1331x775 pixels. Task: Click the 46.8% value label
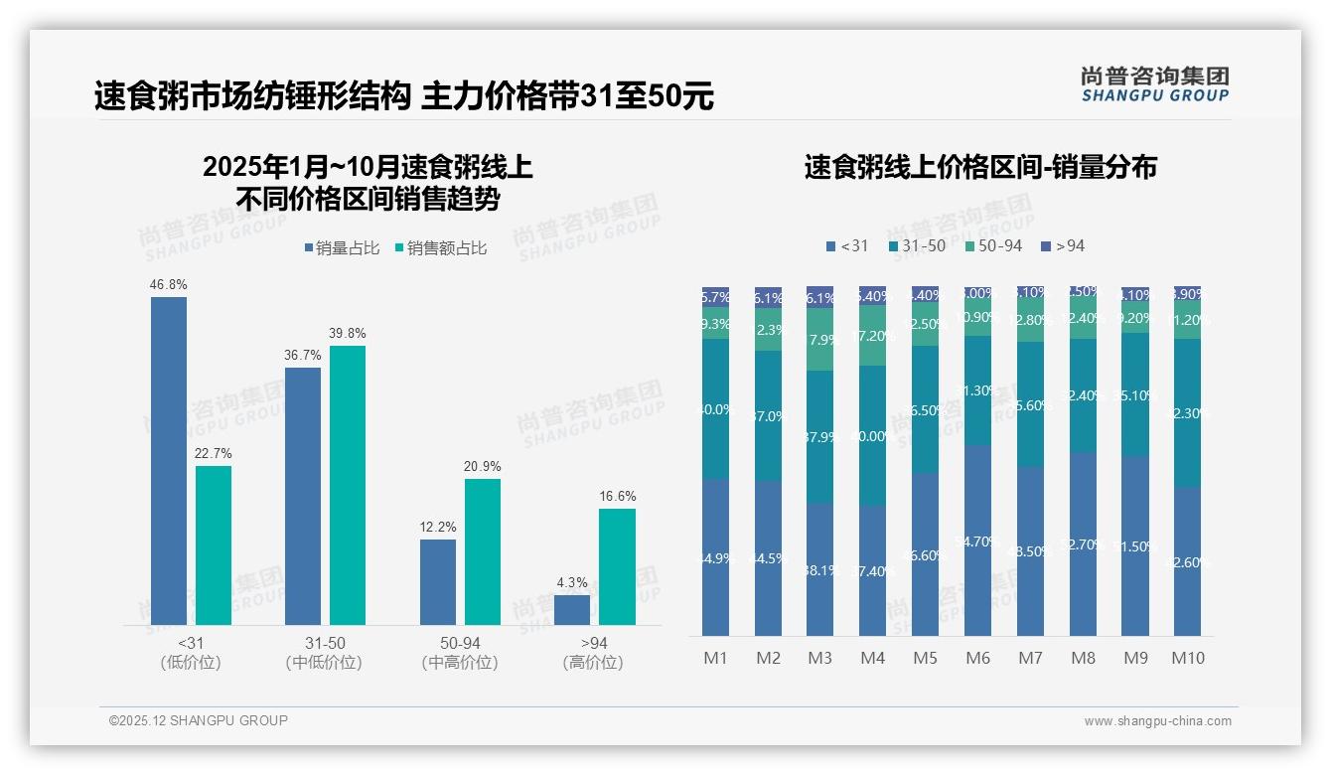click(x=168, y=284)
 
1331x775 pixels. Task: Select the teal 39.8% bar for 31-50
click(x=348, y=485)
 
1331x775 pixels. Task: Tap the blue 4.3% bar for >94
click(x=572, y=609)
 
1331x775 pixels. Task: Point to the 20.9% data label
click(x=482, y=466)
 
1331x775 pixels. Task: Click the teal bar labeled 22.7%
click(x=214, y=544)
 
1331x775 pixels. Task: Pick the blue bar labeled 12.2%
click(x=438, y=581)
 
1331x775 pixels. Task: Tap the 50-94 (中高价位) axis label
click(x=460, y=653)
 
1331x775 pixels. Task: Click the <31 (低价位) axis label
click(x=190, y=653)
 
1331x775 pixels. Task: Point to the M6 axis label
click(x=978, y=658)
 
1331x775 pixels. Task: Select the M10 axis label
click(x=1187, y=658)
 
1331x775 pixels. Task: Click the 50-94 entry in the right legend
click(x=993, y=245)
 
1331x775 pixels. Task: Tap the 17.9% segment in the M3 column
click(x=819, y=340)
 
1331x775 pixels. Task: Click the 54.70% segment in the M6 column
click(x=978, y=541)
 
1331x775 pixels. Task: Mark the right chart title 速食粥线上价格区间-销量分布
click(x=980, y=167)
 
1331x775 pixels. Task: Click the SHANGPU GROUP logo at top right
click(x=1154, y=84)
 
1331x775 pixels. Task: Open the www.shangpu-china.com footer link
click(x=1157, y=721)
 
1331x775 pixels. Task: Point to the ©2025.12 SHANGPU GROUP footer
click(x=199, y=720)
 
